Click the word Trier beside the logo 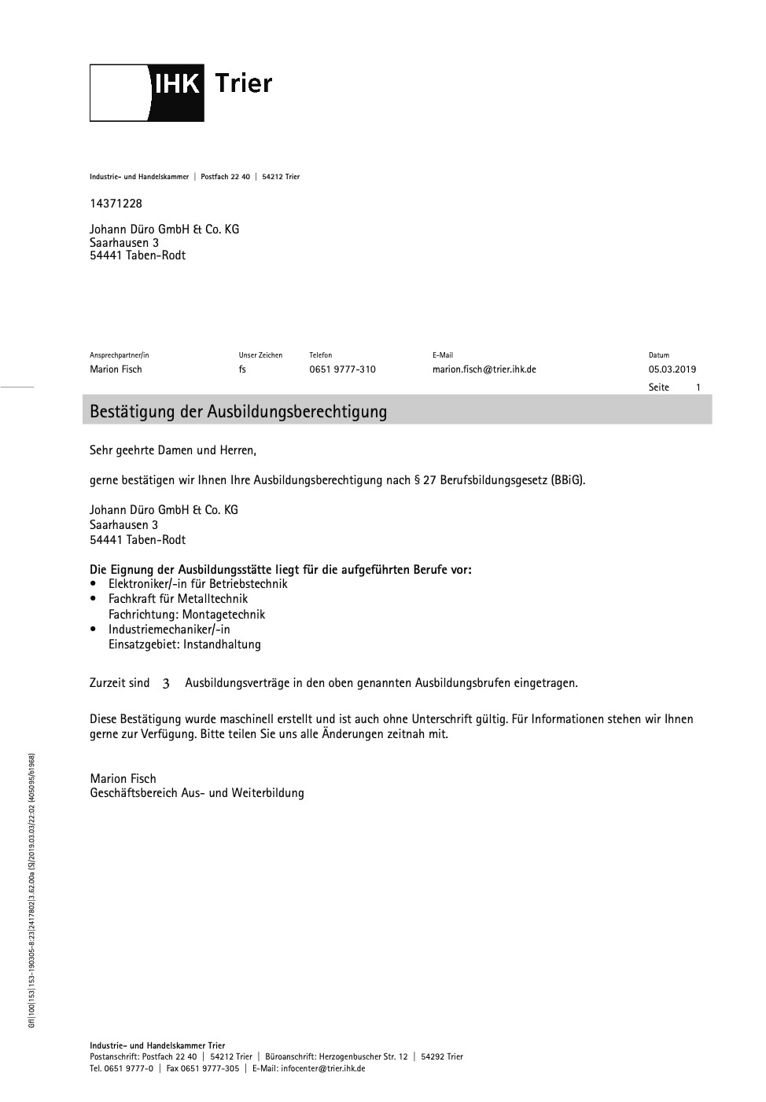point(243,83)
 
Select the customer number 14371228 point(116,204)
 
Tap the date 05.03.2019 point(672,369)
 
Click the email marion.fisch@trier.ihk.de point(484,369)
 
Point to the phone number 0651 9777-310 point(342,369)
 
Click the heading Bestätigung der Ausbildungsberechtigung point(238,411)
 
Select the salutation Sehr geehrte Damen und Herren point(173,451)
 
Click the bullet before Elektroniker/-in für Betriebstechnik point(94,584)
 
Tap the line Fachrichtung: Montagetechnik point(186,615)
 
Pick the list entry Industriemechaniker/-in point(169,630)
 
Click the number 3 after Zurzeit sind point(166,684)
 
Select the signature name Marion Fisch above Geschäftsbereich point(123,779)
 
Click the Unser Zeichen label point(260,355)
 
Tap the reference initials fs point(242,369)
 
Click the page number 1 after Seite point(698,388)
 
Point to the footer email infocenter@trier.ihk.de point(322,1068)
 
